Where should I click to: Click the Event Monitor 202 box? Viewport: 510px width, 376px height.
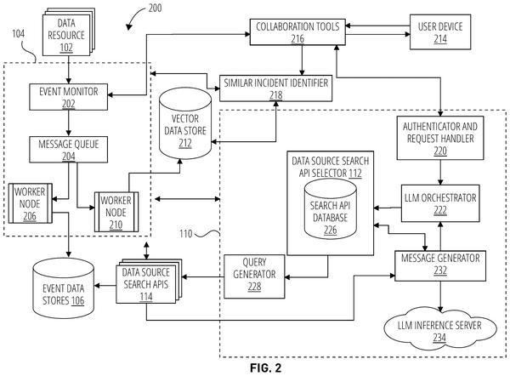coord(68,97)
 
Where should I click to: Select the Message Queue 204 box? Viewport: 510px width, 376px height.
coord(68,150)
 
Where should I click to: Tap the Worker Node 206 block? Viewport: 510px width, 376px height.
coord(31,203)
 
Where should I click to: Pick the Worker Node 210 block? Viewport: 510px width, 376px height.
coord(116,212)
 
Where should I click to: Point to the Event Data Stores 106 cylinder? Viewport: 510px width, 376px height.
coord(64,288)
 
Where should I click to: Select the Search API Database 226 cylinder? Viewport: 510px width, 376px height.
coord(330,209)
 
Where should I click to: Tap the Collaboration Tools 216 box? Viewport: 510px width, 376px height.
coord(297,32)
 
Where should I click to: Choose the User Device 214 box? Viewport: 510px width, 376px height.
coord(440,32)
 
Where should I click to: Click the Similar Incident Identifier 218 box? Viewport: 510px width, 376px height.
coord(275,88)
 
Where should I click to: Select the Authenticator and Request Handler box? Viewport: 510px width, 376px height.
coord(440,138)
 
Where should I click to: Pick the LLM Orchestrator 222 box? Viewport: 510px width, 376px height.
coord(440,203)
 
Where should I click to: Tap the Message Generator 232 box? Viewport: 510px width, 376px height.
coord(440,265)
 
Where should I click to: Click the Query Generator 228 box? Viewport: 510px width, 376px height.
coord(254,276)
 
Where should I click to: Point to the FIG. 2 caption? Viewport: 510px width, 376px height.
coord(265,367)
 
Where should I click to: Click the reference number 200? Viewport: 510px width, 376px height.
coord(155,8)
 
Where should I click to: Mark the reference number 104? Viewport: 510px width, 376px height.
coord(18,33)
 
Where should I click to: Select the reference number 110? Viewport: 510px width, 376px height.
coord(185,233)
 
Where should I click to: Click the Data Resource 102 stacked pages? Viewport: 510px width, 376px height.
coord(69,32)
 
